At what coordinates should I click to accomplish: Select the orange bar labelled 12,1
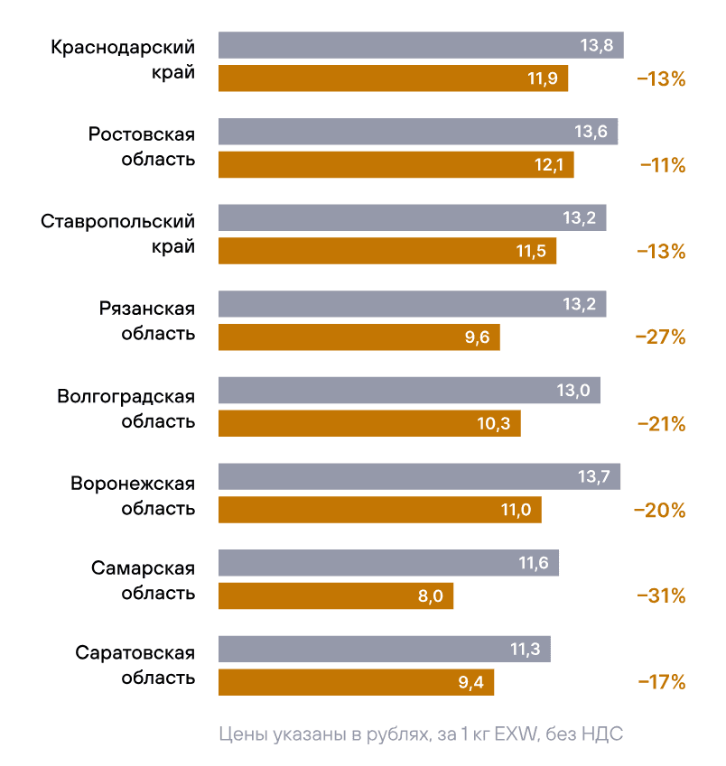(396, 164)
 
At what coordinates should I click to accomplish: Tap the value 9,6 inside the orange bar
(477, 337)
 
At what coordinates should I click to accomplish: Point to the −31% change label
(661, 596)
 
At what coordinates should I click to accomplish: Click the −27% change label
(661, 337)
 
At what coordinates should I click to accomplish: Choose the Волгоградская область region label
(126, 409)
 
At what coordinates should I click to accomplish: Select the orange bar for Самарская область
(335, 596)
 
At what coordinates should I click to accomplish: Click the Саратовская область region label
(135, 664)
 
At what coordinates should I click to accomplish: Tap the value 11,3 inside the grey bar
(527, 650)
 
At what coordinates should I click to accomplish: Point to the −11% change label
(663, 165)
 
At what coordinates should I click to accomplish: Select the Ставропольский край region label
(118, 235)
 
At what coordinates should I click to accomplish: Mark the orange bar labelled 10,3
(368, 423)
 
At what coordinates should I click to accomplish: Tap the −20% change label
(660, 511)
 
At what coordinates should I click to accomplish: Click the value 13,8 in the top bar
(597, 45)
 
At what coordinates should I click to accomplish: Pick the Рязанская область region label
(147, 321)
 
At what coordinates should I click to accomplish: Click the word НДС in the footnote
(603, 734)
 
